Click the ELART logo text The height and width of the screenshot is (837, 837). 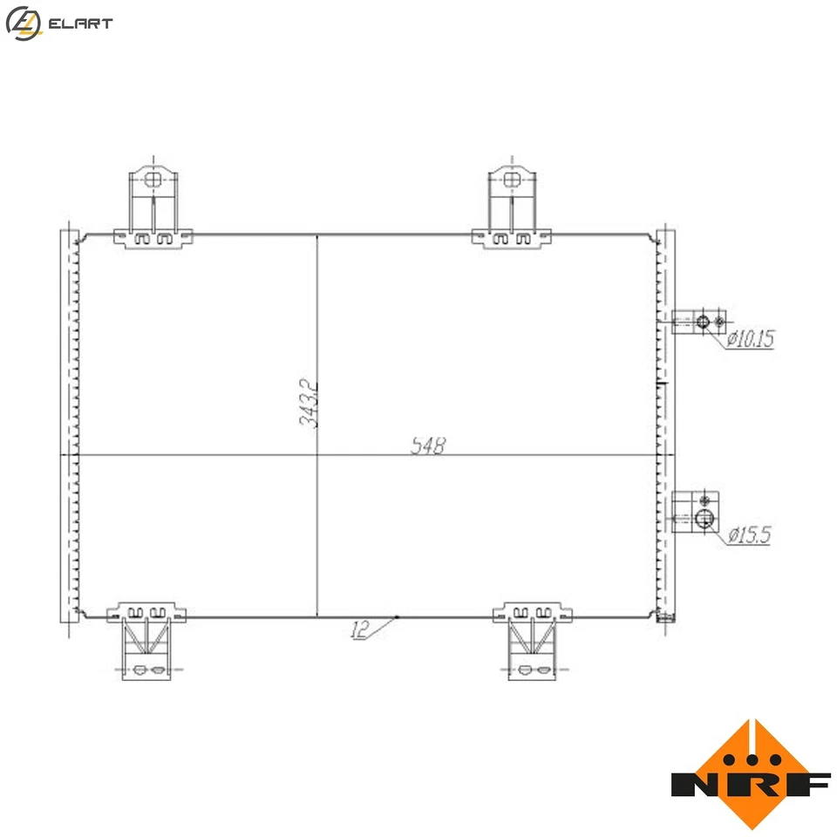(x=80, y=24)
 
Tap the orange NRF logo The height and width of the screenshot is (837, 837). (x=751, y=774)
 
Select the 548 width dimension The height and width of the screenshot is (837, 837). (x=428, y=446)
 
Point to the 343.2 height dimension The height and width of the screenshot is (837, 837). (x=307, y=403)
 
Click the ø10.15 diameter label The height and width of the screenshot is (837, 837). (x=750, y=337)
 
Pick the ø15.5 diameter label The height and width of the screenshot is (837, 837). (x=749, y=534)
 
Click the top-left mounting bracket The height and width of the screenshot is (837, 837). (x=153, y=208)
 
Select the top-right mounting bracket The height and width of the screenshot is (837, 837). (x=512, y=208)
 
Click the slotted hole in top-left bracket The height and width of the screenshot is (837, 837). (x=153, y=180)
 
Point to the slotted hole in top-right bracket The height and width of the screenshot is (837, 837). (x=512, y=180)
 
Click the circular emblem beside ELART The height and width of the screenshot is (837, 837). (x=22, y=24)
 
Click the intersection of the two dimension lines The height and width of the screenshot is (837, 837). (x=316, y=455)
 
